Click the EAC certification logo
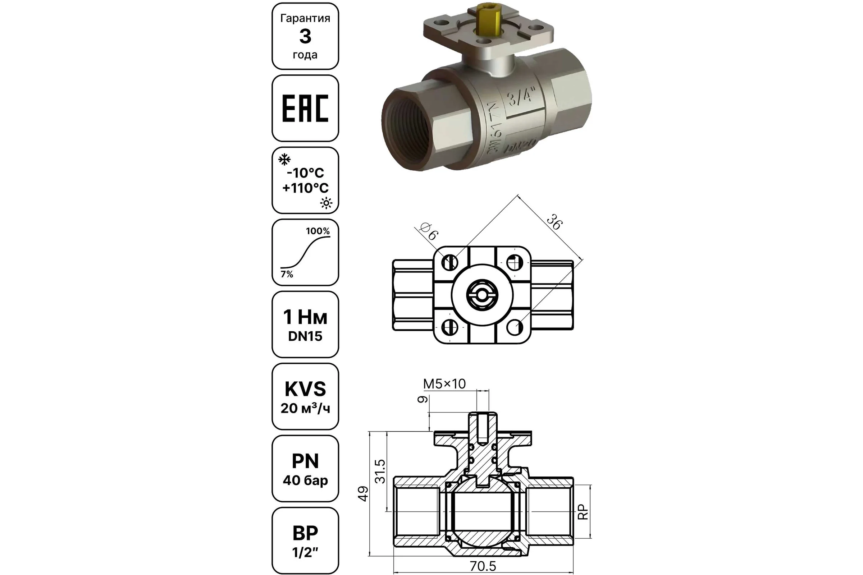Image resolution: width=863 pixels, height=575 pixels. (305, 108)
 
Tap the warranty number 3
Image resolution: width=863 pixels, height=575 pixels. (305, 36)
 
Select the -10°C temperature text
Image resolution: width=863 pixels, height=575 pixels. (305, 173)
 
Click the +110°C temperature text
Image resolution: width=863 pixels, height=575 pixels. (305, 188)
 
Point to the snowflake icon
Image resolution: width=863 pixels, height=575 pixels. (284, 160)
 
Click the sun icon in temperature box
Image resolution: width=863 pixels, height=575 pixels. (326, 203)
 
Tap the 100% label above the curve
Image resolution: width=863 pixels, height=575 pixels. (318, 231)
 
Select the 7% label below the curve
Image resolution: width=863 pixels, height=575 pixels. (287, 274)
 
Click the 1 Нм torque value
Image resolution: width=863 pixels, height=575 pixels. (305, 317)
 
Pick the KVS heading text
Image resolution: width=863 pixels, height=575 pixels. (305, 389)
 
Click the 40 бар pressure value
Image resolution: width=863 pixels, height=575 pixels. (305, 480)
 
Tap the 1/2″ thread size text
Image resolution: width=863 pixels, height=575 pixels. (305, 552)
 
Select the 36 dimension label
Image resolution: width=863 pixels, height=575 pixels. (554, 222)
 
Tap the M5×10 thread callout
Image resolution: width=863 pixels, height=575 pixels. (444, 384)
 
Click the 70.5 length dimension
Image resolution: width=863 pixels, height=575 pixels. (483, 566)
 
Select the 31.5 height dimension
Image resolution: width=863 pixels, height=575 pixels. (380, 471)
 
